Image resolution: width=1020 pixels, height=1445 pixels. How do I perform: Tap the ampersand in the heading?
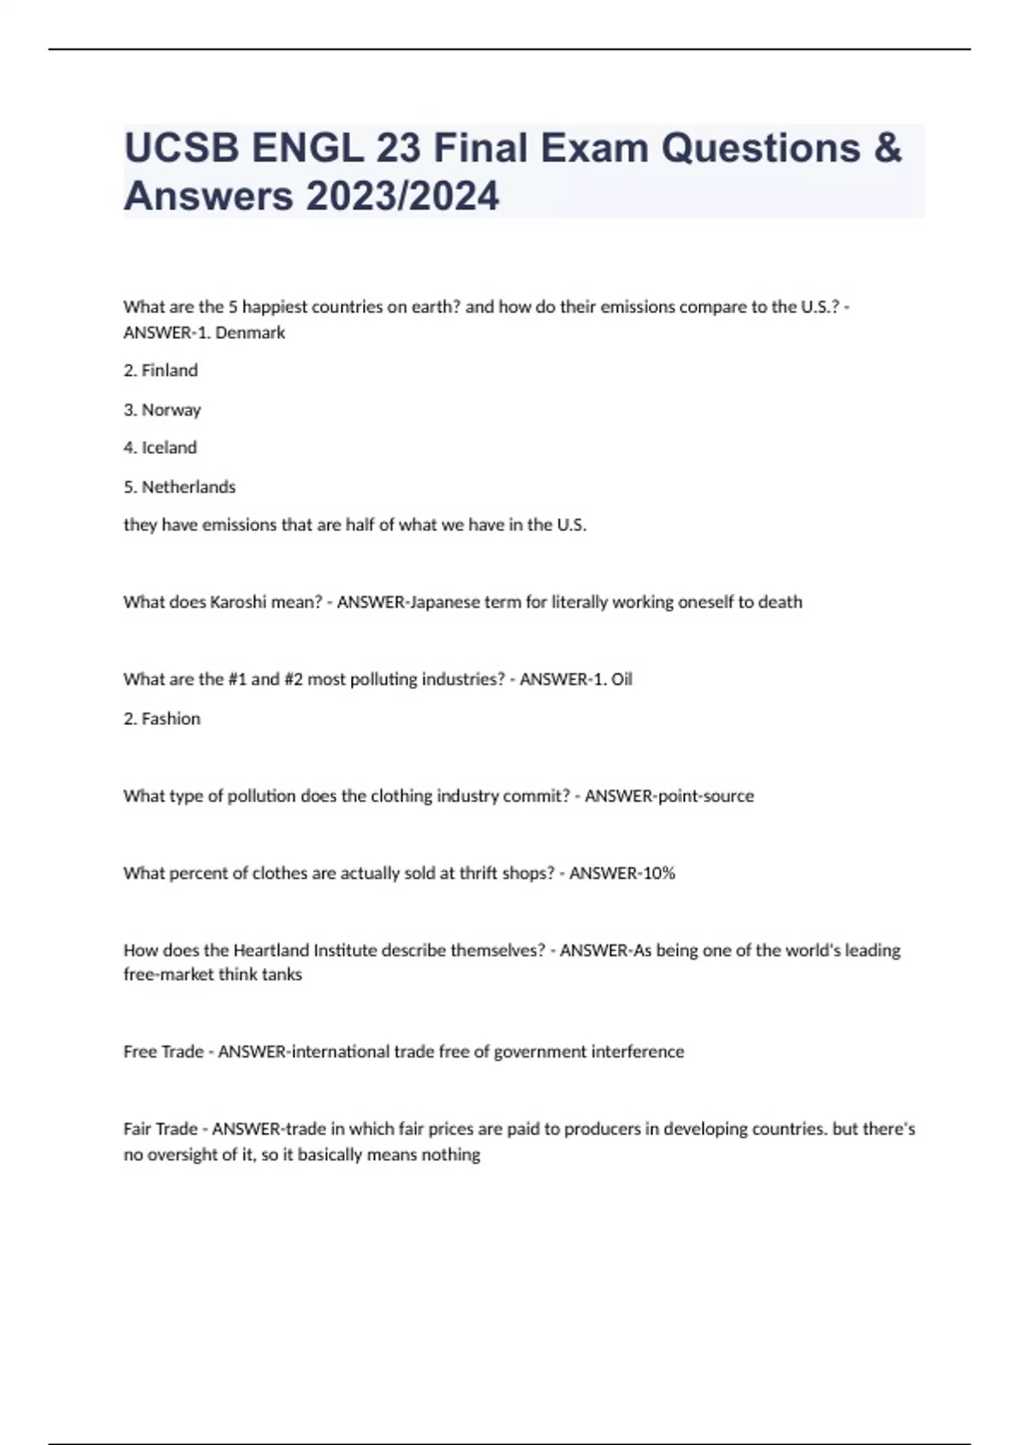[887, 148]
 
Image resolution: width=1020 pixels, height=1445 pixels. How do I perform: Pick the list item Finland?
[169, 371]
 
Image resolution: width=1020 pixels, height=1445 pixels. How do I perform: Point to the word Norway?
[171, 410]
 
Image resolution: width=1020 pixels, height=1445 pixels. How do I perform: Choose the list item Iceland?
[168, 448]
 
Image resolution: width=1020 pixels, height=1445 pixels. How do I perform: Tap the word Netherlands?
[188, 487]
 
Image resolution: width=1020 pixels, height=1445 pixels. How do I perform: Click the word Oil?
[621, 679]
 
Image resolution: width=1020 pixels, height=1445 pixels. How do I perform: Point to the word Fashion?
[171, 718]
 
